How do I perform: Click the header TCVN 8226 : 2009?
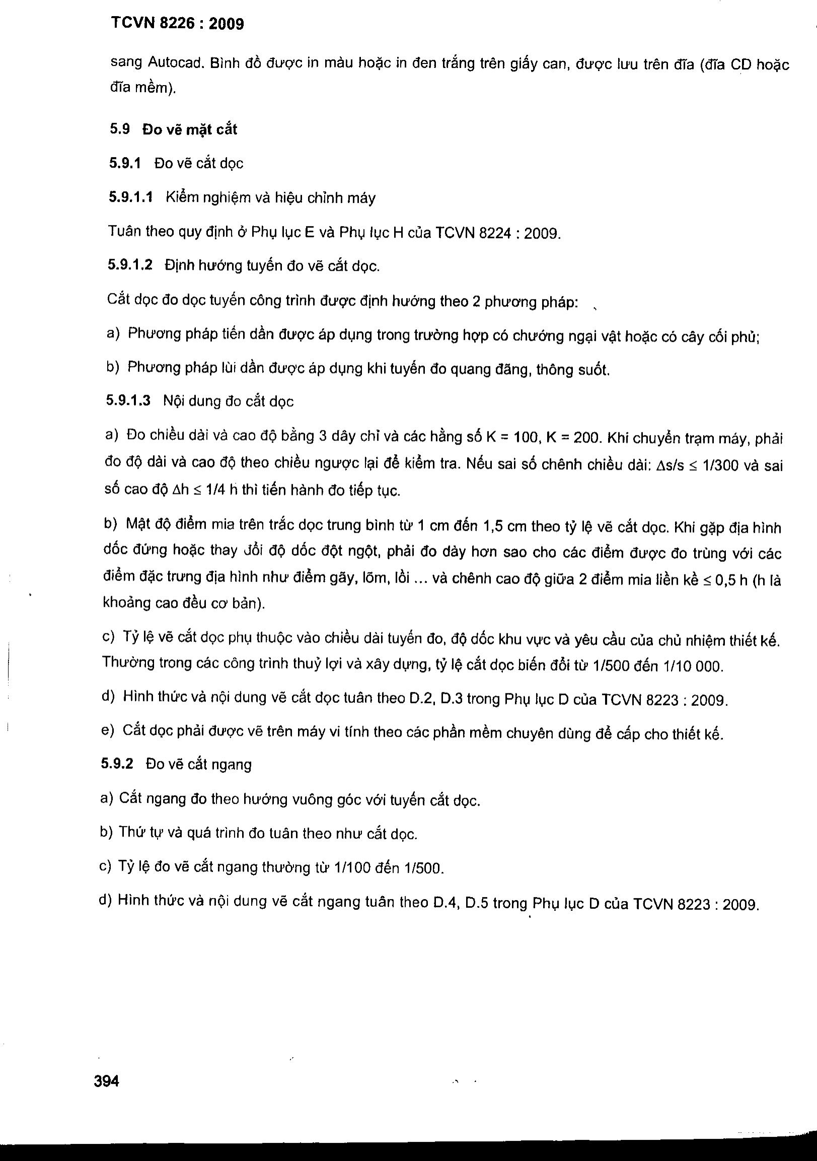177,24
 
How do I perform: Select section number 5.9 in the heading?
120,129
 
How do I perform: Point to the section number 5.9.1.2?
130,265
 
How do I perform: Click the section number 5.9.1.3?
128,400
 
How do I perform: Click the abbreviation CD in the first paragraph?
741,65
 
